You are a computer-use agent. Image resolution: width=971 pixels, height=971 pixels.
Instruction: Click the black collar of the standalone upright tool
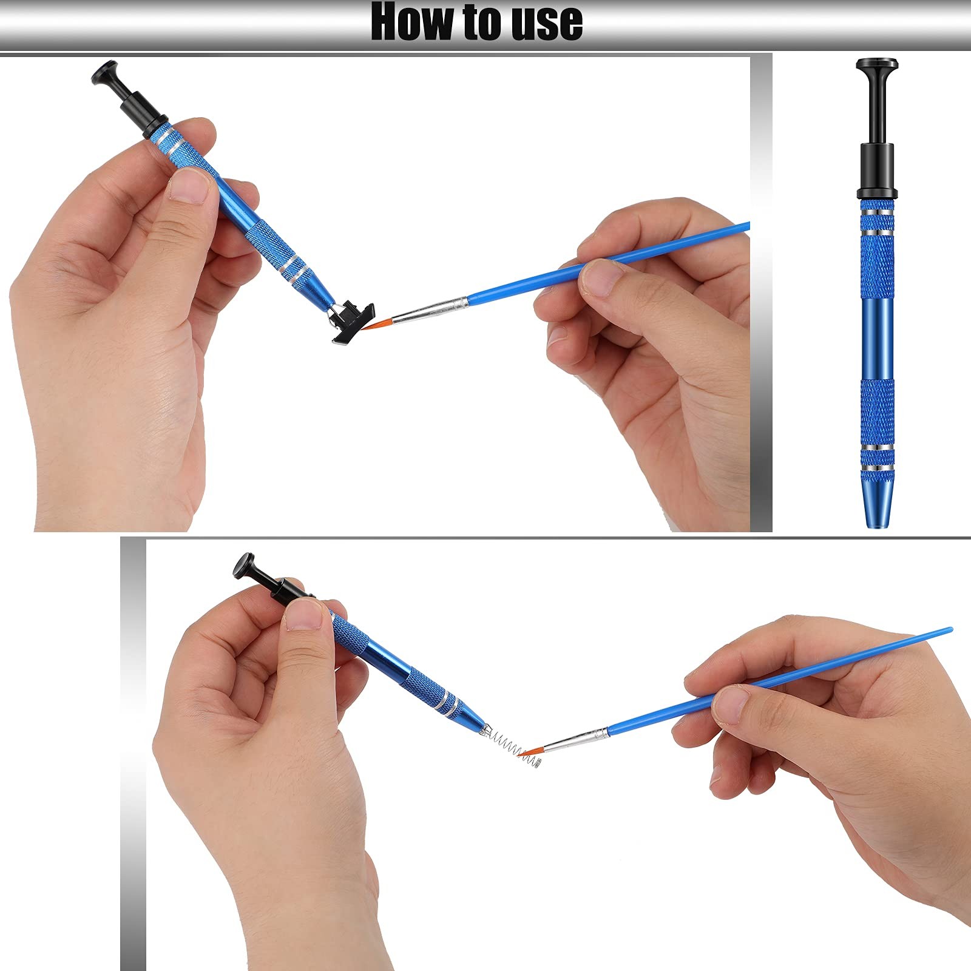click(x=877, y=171)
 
